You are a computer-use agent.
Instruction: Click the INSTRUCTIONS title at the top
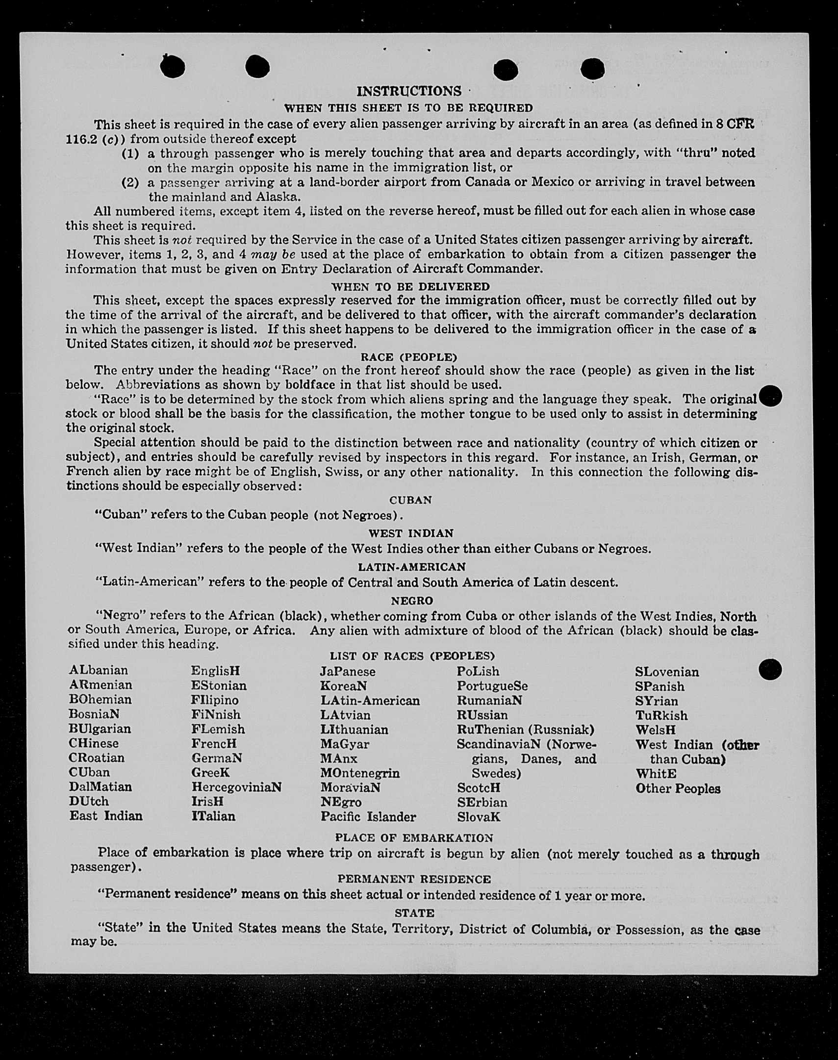coord(408,91)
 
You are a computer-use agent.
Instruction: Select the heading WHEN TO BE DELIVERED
coord(410,286)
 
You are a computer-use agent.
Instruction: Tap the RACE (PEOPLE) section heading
coord(408,357)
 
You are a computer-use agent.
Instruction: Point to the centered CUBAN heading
coord(410,500)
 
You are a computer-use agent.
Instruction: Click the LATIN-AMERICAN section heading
coord(411,567)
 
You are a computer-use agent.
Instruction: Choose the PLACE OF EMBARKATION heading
coord(414,838)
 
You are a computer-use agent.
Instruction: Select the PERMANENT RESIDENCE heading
coord(414,879)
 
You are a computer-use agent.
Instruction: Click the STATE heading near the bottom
coord(414,913)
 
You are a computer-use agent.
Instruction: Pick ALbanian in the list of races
coord(99,671)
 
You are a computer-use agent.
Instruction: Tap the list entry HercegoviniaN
coord(236,787)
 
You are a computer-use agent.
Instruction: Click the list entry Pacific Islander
coord(368,817)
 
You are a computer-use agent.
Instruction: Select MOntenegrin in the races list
coord(360,773)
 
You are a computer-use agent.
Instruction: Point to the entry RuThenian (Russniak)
coord(526,730)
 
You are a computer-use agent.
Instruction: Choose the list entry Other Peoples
coord(678,789)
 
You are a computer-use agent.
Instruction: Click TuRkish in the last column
coord(661,715)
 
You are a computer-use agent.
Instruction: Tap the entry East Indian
coord(106,816)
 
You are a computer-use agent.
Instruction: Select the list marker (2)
coord(130,182)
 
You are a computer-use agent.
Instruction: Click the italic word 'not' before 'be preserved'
coord(262,343)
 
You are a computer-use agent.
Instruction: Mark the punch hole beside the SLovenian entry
coord(770,670)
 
